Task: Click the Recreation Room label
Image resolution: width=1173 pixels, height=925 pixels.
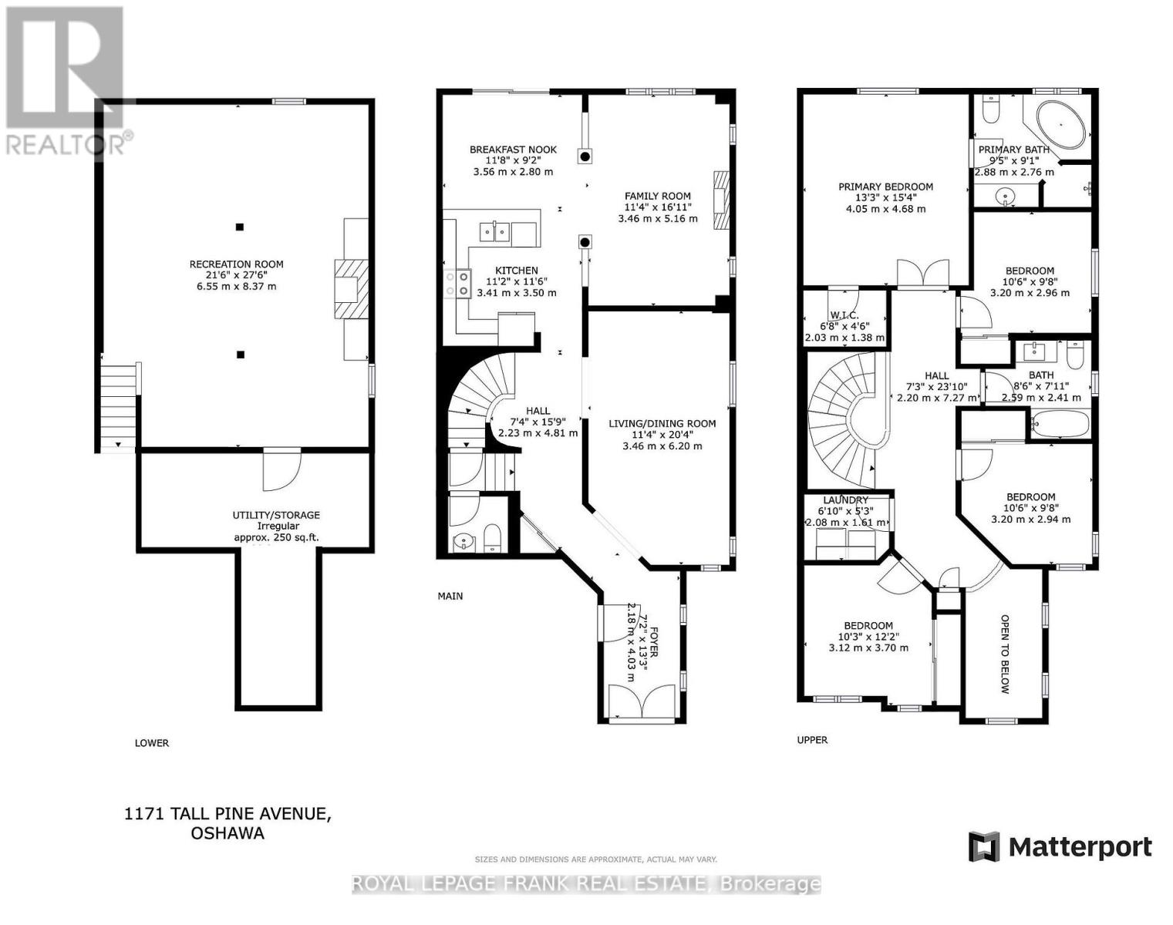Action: (x=237, y=264)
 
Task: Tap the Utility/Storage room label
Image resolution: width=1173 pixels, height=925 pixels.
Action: (x=276, y=515)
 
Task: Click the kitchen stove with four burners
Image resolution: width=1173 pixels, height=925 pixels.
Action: (x=457, y=284)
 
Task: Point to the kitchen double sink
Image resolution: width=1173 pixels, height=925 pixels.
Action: (x=494, y=232)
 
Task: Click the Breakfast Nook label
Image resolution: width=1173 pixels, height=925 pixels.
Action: (x=514, y=150)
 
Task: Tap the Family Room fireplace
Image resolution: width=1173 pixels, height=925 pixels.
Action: (x=721, y=200)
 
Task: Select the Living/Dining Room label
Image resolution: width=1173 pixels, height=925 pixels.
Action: (x=662, y=423)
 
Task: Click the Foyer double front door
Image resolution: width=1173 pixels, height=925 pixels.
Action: (x=642, y=703)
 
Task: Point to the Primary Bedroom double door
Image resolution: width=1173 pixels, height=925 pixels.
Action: (x=923, y=274)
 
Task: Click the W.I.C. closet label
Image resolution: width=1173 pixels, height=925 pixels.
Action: (x=845, y=314)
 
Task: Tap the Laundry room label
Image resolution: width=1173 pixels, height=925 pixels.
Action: (x=845, y=499)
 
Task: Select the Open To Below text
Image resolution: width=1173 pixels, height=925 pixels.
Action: (x=1005, y=654)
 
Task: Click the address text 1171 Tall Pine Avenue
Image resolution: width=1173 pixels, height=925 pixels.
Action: (x=228, y=814)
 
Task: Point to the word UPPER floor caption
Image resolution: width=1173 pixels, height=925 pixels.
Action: (x=812, y=740)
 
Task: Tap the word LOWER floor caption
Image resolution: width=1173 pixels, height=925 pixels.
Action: (x=152, y=743)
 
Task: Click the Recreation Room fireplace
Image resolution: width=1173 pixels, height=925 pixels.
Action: (x=350, y=289)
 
